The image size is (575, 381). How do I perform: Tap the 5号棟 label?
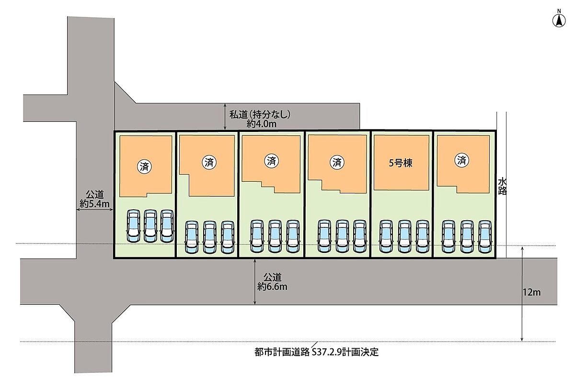[401, 162]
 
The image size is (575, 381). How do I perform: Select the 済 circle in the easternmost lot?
[462, 161]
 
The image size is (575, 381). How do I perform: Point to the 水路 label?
[502, 186]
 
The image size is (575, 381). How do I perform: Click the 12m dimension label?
[532, 292]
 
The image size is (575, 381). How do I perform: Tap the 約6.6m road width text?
[272, 287]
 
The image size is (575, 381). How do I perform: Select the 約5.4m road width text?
[95, 203]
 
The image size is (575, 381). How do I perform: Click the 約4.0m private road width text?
[262, 123]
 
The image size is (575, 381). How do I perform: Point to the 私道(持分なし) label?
[260, 115]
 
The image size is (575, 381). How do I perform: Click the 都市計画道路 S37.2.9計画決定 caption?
[317, 352]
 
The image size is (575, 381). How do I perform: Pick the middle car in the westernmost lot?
[150, 226]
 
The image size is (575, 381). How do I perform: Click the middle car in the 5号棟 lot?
[404, 237]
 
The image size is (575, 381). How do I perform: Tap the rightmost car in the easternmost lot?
[485, 237]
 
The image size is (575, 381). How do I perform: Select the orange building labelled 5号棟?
[401, 162]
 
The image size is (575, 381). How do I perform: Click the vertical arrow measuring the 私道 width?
[225, 117]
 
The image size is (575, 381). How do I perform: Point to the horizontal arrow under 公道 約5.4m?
[95, 210]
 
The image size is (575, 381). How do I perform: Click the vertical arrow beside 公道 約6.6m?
[255, 282]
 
